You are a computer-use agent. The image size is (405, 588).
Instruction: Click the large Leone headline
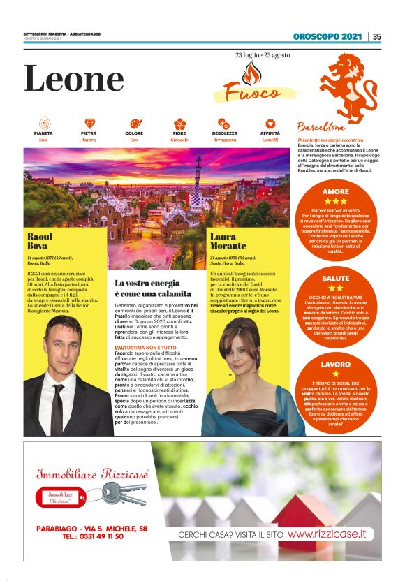74,79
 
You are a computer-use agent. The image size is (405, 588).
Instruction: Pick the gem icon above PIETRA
89,123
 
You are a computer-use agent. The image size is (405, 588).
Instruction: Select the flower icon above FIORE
179,123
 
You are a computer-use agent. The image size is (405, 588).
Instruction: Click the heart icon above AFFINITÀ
270,123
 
